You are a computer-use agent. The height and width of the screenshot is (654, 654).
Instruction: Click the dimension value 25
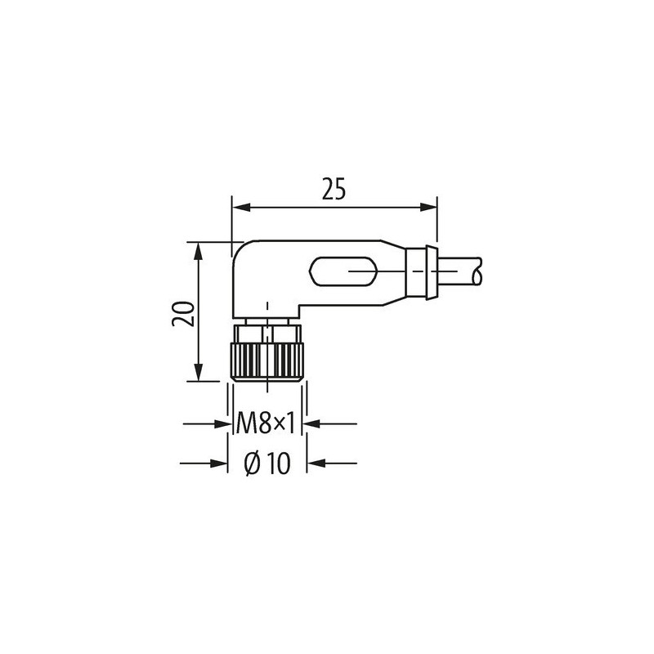pos(333,190)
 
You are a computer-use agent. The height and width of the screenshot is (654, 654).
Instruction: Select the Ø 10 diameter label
pos(267,464)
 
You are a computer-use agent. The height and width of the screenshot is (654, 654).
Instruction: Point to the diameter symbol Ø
pos(253,464)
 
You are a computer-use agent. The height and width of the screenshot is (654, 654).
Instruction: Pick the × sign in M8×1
pos(278,424)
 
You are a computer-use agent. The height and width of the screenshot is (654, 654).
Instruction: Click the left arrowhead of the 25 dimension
pos(239,208)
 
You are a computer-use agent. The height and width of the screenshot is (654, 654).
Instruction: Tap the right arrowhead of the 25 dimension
pos(430,208)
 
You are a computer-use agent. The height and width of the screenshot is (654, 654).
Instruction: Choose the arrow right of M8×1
pos(314,424)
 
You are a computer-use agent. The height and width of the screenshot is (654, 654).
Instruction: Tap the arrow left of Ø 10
pos(217,464)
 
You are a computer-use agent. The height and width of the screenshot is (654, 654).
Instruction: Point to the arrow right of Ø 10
pos(316,464)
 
